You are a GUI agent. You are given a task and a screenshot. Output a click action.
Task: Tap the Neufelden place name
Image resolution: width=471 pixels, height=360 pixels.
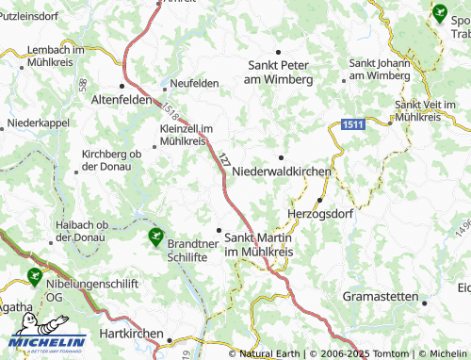coord(193,83)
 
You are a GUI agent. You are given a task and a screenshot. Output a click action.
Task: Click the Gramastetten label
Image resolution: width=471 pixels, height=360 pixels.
coord(382,296)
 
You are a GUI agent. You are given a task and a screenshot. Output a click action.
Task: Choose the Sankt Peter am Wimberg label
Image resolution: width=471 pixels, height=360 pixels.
coord(279,72)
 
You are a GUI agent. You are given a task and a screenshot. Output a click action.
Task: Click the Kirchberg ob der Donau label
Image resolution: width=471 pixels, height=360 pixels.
coord(111,159)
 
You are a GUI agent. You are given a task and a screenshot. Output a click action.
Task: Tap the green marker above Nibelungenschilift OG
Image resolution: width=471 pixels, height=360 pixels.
coord(35,276)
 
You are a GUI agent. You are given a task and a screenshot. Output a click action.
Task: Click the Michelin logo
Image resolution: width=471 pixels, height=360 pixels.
coord(48,343)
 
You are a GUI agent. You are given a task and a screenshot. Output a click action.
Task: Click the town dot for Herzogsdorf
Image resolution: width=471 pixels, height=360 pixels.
coord(320,200)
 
